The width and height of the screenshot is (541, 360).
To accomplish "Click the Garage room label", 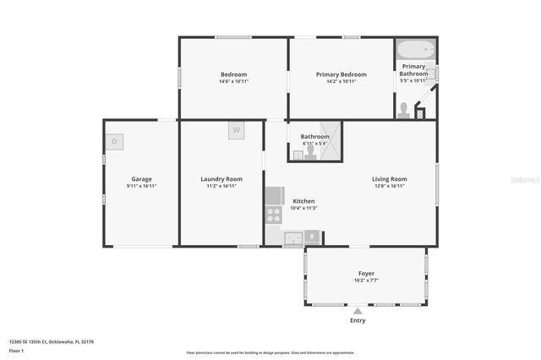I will pos(141,178).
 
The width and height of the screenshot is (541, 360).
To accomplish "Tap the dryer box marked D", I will pos(114,141).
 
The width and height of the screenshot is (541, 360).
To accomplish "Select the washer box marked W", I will pos(236,130).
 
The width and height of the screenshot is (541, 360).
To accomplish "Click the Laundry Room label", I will pos(221,178).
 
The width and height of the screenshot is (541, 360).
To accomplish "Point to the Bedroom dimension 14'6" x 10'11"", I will pos(233,82).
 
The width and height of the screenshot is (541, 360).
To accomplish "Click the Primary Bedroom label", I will pos(342,74).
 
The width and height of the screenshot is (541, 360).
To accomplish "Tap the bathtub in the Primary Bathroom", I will pos(416,49).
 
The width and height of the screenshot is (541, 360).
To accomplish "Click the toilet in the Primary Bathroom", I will pos(403,110).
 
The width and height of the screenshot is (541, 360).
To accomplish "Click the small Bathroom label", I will pos(314,136).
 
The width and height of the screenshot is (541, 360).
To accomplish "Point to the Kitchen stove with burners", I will pos(274,215).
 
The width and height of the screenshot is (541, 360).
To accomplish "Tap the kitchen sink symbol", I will pos(292,238).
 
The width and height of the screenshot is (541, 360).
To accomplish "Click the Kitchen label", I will pos(303,201).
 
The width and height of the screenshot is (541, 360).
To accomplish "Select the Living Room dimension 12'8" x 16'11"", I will pos(389,186).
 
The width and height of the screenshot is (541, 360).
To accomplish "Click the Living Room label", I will pos(389,178).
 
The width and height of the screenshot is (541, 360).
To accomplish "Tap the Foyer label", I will pos(366,274).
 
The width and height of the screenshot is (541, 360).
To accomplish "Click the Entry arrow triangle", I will pos(358,311).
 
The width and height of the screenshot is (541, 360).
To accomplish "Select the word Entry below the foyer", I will pos(358,320).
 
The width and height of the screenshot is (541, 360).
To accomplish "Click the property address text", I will pos(52,341).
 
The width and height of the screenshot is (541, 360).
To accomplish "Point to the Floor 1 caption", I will pos(16,350).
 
